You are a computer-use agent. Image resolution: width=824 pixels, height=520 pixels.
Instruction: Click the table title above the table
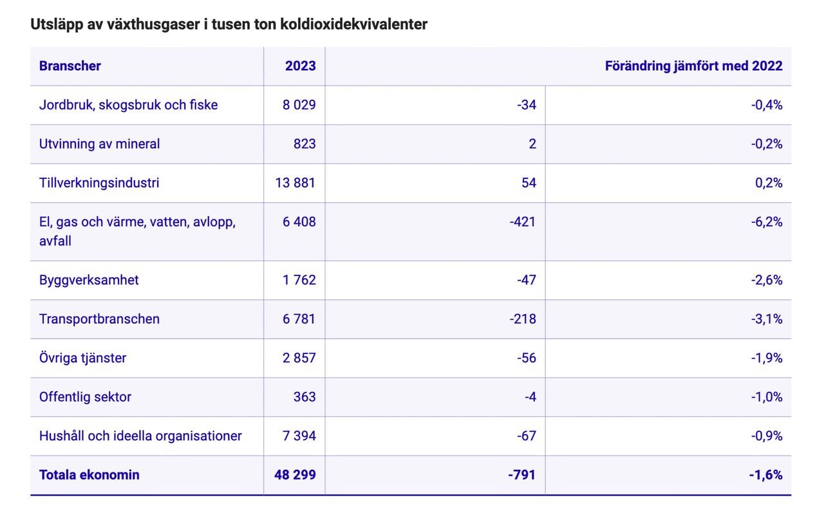coord(229,24)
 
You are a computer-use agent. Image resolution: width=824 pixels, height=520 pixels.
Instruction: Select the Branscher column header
coord(70,66)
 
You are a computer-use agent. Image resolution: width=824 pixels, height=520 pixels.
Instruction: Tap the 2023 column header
coord(300,66)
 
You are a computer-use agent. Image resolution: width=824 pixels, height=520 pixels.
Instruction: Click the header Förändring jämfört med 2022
coord(693,66)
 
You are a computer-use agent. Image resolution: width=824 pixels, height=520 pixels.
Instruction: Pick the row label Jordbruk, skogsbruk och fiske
coord(128,105)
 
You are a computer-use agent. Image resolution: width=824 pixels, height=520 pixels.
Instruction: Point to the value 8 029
coord(299,105)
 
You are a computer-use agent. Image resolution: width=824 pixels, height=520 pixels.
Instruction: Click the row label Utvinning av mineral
coord(99,144)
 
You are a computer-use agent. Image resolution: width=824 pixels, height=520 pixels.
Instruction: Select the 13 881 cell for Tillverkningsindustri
coord(295,183)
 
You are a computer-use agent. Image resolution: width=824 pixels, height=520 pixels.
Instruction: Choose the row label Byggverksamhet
coord(89,280)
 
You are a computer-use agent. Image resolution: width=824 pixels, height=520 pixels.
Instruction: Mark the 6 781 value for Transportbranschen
coord(299,319)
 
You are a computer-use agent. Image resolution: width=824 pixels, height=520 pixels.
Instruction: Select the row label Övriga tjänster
coord(82,358)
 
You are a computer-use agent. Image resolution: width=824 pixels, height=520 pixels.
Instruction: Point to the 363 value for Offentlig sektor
coord(304,397)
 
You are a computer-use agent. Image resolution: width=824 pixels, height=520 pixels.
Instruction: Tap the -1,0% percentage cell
coord(766,397)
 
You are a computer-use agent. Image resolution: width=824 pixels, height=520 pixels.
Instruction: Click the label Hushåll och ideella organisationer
coord(140,436)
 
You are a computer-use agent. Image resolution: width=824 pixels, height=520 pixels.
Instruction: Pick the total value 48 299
coord(295,475)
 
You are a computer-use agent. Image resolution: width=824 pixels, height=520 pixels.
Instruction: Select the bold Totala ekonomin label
coord(89,475)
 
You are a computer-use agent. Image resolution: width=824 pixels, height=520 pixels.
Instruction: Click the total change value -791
coord(521,475)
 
